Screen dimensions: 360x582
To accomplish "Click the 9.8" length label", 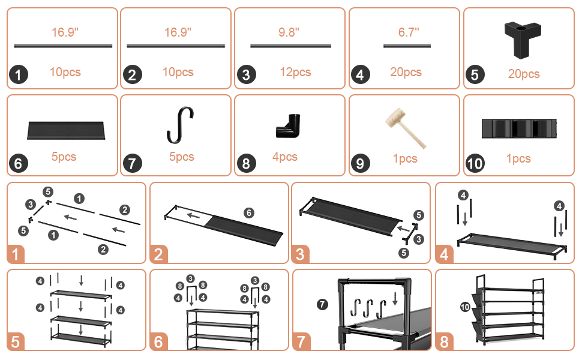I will (x=289, y=32).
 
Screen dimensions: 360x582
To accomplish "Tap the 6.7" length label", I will (x=409, y=32).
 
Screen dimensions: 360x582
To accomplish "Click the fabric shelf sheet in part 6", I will (x=66, y=129).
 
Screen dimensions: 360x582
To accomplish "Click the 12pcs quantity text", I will (x=295, y=73).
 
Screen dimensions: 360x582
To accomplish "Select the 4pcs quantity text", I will (x=285, y=157).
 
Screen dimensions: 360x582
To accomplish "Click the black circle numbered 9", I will (x=359, y=163).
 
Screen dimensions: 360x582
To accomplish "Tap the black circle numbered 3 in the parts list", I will (x=245, y=75).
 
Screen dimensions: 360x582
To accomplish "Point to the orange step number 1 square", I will (x=17, y=254).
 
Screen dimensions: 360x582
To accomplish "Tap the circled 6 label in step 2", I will (x=248, y=212).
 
